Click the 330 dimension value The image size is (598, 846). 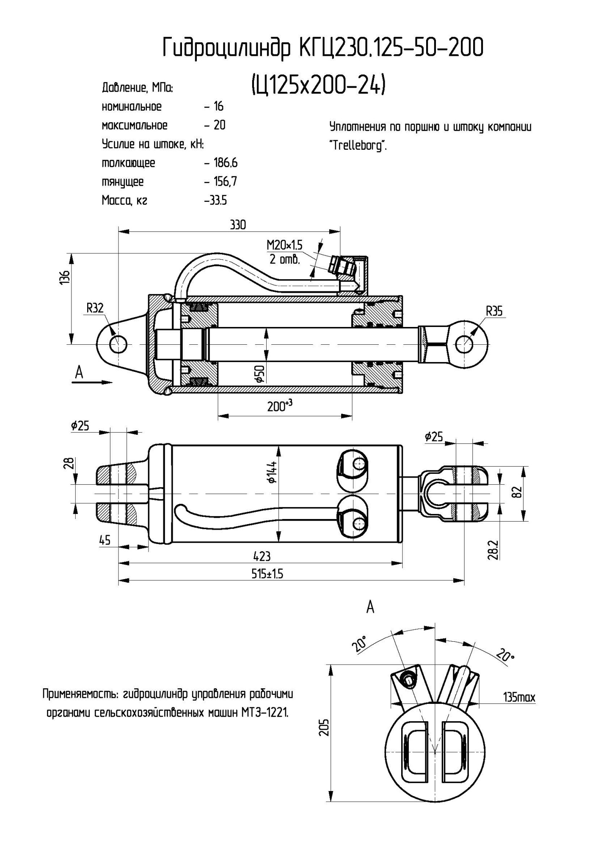click(237, 225)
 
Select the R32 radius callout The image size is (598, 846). click(95, 308)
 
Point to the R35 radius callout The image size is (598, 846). click(494, 312)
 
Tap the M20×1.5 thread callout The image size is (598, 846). click(284, 245)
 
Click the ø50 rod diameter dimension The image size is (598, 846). click(260, 374)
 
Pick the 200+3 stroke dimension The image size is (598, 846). click(280, 406)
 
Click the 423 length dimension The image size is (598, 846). click(262, 556)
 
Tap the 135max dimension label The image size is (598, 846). click(519, 697)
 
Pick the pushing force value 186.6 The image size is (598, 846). click(226, 163)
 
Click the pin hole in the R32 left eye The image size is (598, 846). click(118, 345)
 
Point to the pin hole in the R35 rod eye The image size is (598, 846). click(465, 344)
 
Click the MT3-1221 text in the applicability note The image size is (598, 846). click(265, 713)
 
